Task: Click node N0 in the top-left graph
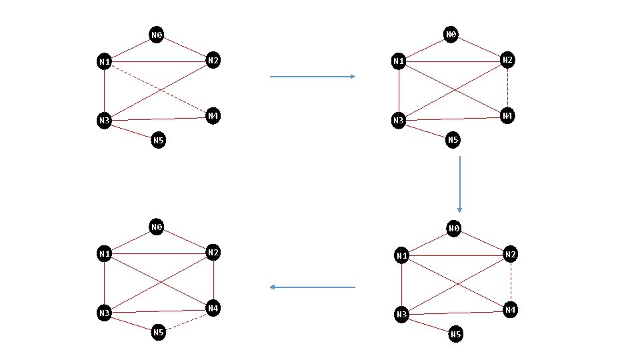point(157,35)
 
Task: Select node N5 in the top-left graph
point(158,140)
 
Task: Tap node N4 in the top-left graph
point(213,116)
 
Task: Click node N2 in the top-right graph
point(507,60)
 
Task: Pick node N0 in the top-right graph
point(451,34)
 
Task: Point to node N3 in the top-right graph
point(399,121)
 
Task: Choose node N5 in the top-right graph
point(453,139)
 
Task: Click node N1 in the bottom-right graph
point(401,255)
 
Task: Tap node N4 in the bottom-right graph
point(509,310)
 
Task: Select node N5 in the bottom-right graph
point(456,334)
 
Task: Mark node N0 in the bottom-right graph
point(454,229)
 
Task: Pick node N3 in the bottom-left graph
point(104,313)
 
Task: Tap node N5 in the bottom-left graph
point(158,332)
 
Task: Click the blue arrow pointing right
point(313,77)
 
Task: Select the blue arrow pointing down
point(459,184)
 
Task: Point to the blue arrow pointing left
point(313,287)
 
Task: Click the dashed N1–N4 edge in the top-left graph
point(159,89)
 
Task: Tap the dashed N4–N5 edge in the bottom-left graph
point(187,321)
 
